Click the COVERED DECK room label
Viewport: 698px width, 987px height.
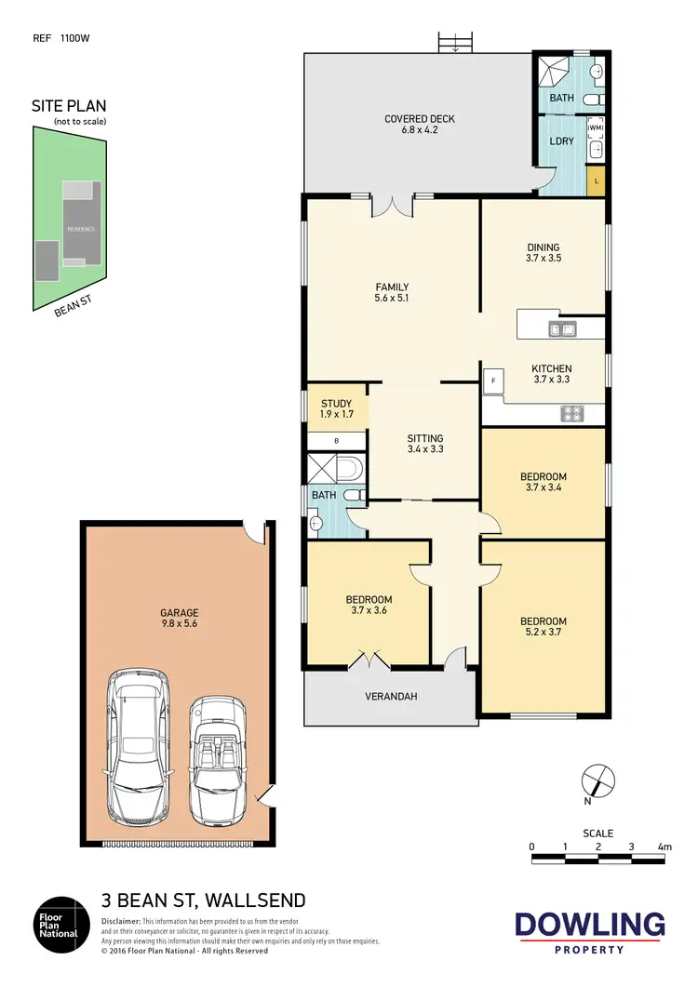point(418,125)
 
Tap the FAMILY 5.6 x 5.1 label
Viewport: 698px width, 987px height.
point(392,292)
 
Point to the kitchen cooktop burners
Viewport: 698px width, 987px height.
point(571,412)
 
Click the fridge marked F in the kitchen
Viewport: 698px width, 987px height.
point(492,381)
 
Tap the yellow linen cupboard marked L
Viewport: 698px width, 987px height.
point(596,180)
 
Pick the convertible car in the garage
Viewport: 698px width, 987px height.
point(219,757)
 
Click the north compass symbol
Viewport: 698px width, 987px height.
point(597,779)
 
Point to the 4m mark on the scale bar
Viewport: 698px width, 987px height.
point(664,847)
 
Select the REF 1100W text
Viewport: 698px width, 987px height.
point(60,38)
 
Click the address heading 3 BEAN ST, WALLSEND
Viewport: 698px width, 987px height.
point(203,900)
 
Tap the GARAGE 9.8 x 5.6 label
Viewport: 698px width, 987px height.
point(179,618)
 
